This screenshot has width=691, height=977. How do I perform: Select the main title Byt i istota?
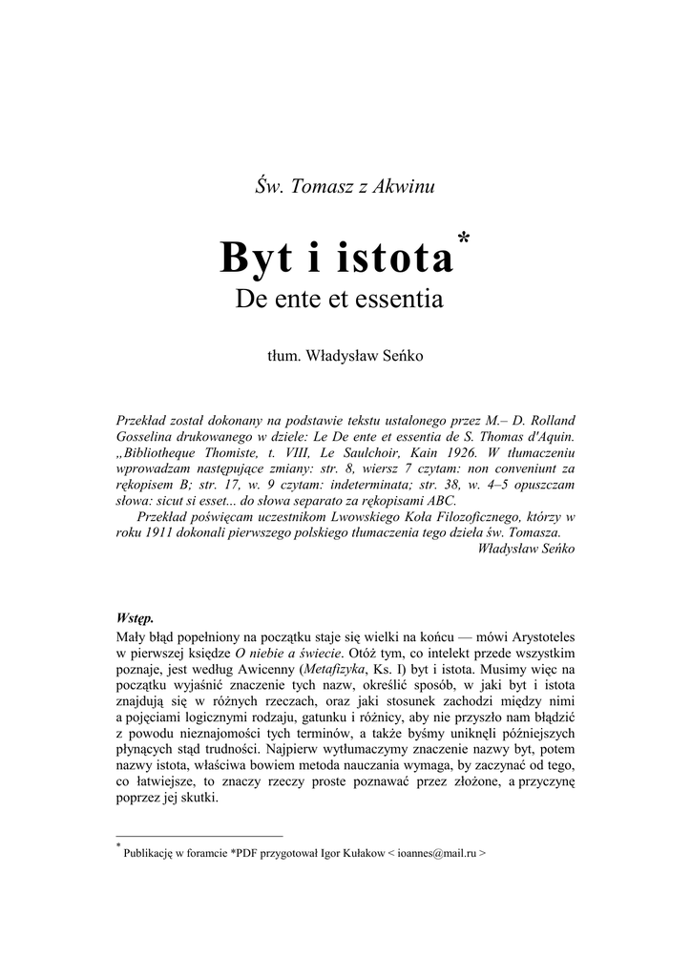click(x=336, y=258)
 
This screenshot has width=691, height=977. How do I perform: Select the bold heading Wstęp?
click(x=135, y=617)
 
